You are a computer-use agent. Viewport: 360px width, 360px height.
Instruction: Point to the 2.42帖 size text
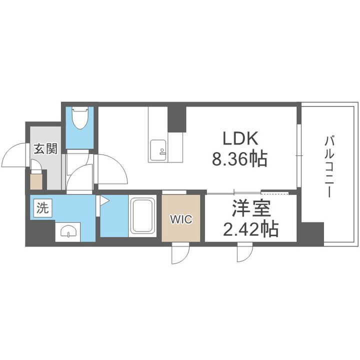[249, 229]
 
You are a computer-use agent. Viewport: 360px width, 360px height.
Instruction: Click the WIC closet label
[180, 218]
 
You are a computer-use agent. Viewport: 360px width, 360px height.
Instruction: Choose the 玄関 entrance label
[44, 148]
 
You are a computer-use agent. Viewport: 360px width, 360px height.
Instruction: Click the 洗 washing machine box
[42, 208]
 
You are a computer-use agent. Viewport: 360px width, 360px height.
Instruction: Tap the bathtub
[142, 217]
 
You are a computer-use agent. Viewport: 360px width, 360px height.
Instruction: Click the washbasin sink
[67, 231]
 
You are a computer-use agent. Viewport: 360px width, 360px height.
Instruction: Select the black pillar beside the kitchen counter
[176, 118]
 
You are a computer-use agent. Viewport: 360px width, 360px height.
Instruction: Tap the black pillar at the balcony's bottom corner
[311, 233]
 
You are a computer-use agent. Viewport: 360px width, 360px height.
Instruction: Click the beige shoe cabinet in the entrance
[36, 180]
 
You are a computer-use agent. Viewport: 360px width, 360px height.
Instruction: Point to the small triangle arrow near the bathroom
[104, 201]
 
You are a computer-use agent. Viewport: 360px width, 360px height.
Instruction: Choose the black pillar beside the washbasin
[39, 232]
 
